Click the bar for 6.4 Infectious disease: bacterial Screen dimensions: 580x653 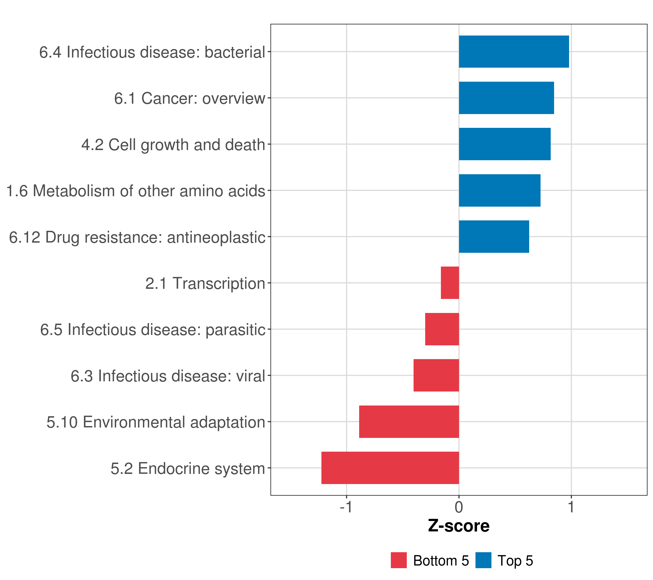click(x=514, y=52)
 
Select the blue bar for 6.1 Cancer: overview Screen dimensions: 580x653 click(x=506, y=98)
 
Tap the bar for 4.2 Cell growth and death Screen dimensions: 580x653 click(x=505, y=144)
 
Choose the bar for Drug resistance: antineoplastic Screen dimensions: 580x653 click(x=494, y=237)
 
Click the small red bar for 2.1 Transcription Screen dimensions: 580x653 click(x=450, y=283)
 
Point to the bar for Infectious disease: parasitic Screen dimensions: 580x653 click(x=442, y=329)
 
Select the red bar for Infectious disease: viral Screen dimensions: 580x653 click(x=436, y=375)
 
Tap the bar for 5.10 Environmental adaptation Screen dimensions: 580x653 click(x=409, y=422)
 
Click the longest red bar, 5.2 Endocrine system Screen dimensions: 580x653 click(x=390, y=468)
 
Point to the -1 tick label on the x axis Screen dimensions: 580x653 click(x=346, y=507)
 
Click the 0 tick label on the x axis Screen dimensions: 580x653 click(x=459, y=507)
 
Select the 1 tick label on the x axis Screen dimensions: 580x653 click(x=571, y=507)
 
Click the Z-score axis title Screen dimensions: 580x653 click(x=459, y=526)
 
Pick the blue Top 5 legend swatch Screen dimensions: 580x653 click(x=483, y=560)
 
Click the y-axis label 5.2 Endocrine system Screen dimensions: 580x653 click(x=188, y=469)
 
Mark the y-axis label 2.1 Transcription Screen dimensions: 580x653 click(x=205, y=283)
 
